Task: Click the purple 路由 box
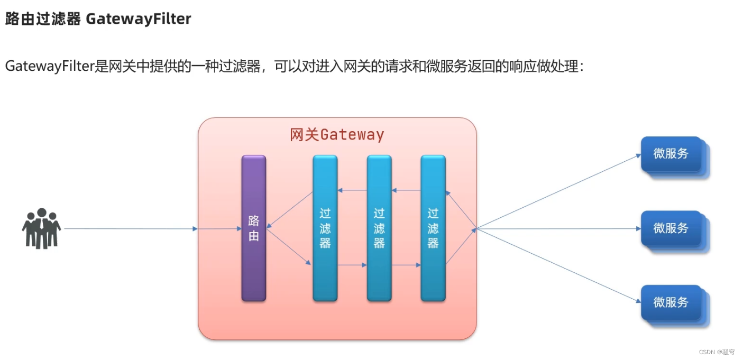(254, 228)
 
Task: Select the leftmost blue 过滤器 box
(325, 228)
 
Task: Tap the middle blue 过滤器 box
(379, 228)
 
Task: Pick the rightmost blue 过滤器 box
(433, 228)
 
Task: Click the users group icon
(41, 228)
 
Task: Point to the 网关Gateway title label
(337, 135)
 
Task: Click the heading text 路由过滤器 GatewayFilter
(98, 19)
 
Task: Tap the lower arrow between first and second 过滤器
(352, 265)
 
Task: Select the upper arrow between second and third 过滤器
(406, 190)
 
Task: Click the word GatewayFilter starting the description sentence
(50, 67)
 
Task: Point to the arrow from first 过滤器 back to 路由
(290, 210)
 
